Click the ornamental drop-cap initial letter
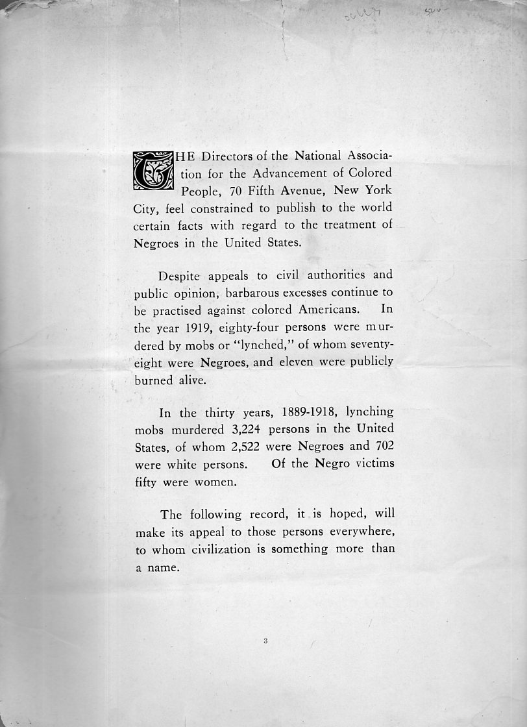click(x=153, y=171)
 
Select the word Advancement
click(x=302, y=173)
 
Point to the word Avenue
click(x=310, y=191)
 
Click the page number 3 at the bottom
click(x=265, y=641)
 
